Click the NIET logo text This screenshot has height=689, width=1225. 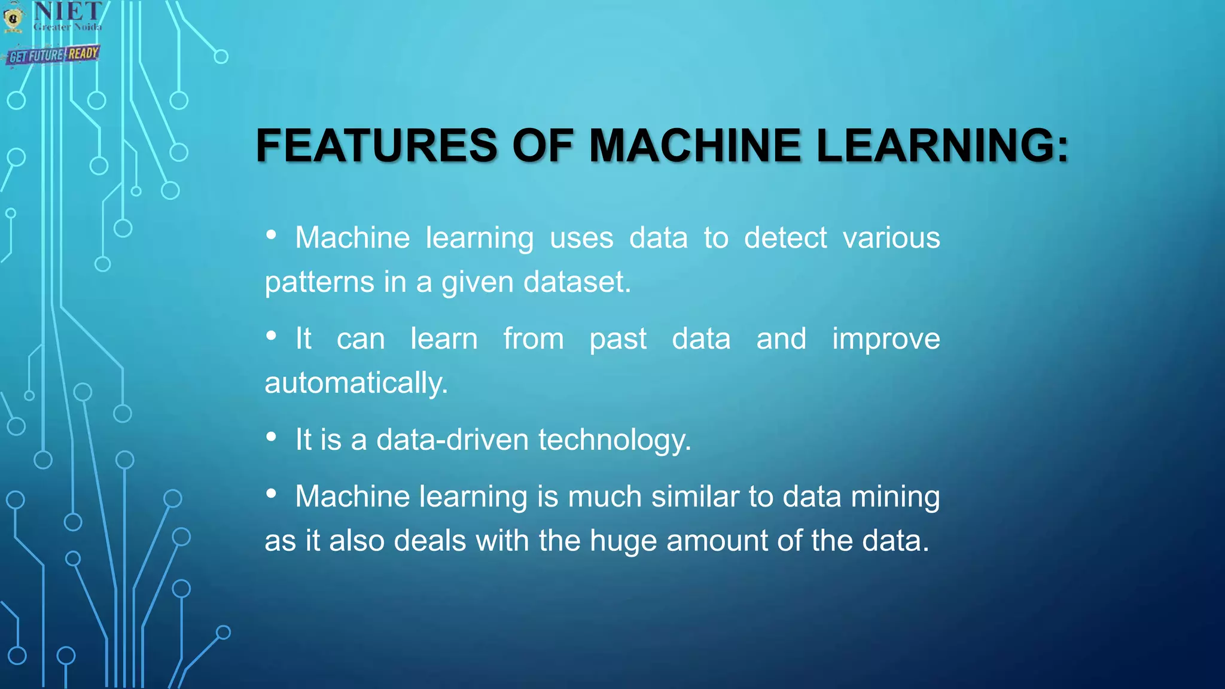click(68, 12)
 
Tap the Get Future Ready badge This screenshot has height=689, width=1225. click(53, 55)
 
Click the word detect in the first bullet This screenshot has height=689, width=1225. click(785, 238)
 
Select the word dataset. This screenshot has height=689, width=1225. click(577, 282)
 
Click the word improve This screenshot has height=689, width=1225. click(886, 339)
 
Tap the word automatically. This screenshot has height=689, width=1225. click(356, 383)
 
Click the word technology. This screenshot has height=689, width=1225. click(615, 440)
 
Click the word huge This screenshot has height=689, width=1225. click(623, 541)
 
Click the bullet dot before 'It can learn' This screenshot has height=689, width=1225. click(272, 336)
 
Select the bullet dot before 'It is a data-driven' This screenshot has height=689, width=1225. click(272, 437)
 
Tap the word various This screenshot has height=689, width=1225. click(891, 238)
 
